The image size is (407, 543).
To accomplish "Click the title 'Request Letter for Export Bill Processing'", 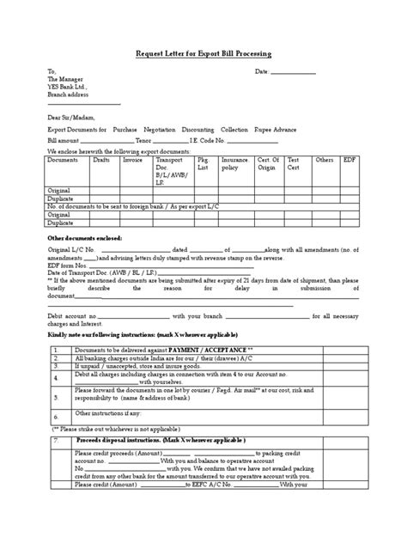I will tap(203, 53).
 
